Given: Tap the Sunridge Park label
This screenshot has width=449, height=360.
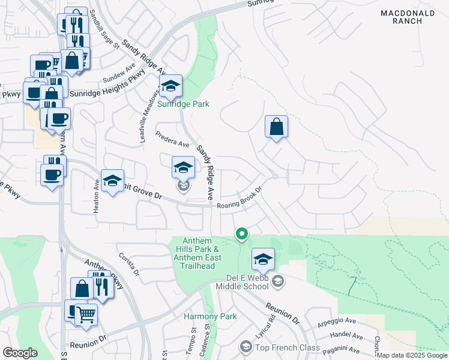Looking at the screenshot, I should point(184,104).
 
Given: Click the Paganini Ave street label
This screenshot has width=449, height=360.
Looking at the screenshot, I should point(342,350).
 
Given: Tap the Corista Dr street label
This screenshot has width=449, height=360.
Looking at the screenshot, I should point(128,264).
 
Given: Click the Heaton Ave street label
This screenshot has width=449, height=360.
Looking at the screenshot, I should point(96,196).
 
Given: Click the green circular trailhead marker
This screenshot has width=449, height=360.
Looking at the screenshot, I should point(242,233).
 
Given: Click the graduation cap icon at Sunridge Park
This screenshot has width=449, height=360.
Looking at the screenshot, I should point(170,86).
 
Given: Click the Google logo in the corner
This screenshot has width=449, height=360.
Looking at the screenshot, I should point(20,352).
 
